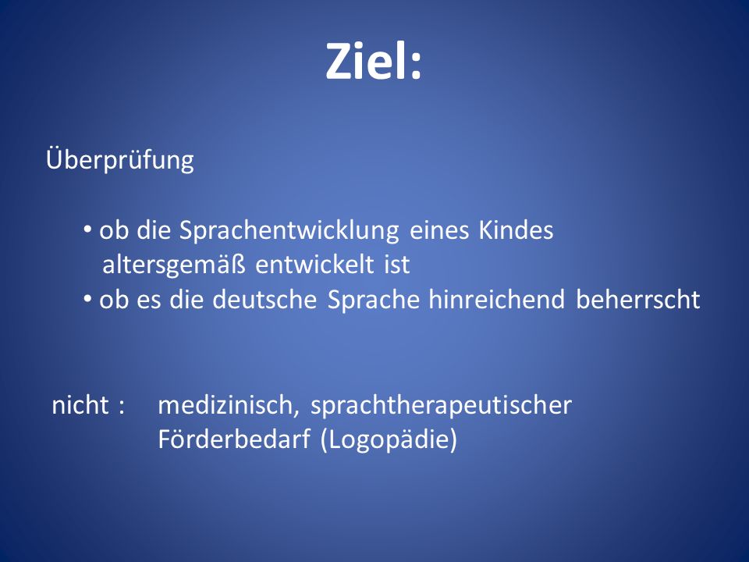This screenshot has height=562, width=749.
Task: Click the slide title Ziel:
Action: click(374, 62)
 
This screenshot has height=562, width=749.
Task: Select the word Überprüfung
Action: click(120, 159)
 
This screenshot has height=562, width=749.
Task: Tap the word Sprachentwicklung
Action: click(289, 231)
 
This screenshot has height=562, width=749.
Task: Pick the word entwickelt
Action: click(314, 265)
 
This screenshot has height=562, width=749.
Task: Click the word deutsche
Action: click(264, 299)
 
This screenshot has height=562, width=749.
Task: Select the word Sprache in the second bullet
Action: click(374, 300)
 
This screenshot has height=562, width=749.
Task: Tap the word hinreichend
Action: click(497, 299)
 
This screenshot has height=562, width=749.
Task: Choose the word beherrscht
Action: click(638, 299)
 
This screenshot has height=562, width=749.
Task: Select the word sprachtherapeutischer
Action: click(441, 406)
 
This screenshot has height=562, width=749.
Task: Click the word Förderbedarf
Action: click(234, 439)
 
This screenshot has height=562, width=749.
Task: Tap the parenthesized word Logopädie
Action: click(389, 439)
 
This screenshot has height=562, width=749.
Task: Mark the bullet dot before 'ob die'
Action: click(87, 230)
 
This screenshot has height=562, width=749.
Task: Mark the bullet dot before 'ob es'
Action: click(87, 300)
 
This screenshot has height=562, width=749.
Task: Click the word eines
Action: click(439, 230)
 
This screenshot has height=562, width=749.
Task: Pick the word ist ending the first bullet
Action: click(397, 265)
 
